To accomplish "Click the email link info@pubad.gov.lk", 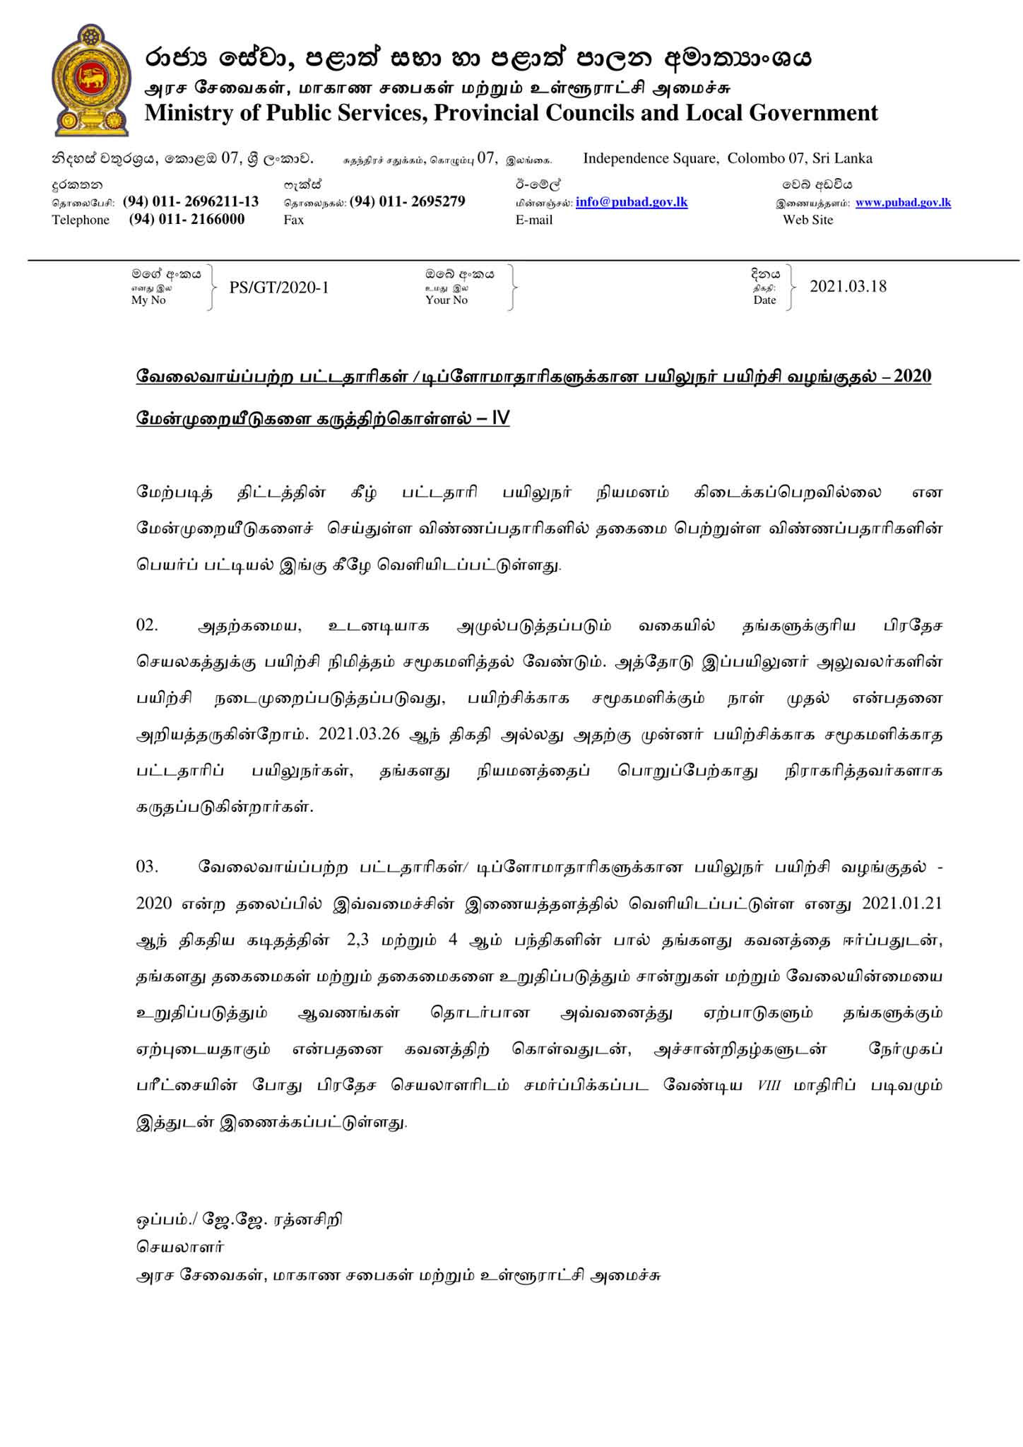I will (631, 202).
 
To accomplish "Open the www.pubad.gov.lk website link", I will (903, 203).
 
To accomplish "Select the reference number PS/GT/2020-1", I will (279, 288).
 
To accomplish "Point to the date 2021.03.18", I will (848, 286).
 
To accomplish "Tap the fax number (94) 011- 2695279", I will (407, 201).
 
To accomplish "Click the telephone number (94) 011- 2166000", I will (187, 219).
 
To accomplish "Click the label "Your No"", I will (447, 300).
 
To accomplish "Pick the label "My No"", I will (148, 300).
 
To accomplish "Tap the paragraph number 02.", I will (147, 625).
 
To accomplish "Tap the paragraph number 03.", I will (147, 866).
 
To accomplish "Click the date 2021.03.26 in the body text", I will (359, 734).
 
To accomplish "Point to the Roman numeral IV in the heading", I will (499, 418).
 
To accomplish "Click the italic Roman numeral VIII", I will (769, 1085).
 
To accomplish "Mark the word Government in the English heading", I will (813, 113).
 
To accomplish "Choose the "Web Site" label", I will (808, 220).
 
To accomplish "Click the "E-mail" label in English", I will (534, 220).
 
